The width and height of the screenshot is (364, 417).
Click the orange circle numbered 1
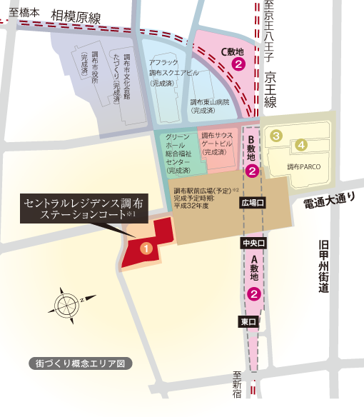pos(146,248)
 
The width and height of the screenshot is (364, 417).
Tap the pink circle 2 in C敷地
pos(239,64)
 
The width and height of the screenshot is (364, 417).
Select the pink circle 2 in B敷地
pos(252,171)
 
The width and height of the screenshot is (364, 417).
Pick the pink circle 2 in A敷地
pos(253,293)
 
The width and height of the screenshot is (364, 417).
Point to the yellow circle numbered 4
pos(303,145)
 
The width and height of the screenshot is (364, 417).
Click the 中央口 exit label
pos(253,243)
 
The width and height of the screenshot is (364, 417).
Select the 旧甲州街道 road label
pos(324,266)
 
